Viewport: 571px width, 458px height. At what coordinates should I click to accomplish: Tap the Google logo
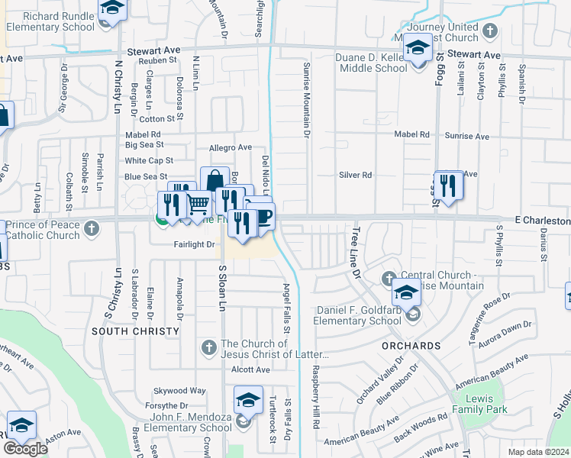(x=25, y=449)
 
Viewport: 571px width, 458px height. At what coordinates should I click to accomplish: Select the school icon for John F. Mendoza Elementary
(x=249, y=400)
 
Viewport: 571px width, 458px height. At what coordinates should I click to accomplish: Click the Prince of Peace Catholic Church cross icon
(x=92, y=227)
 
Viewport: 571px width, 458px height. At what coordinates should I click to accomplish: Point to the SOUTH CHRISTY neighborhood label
(x=135, y=331)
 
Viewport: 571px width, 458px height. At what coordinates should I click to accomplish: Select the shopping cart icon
(x=198, y=204)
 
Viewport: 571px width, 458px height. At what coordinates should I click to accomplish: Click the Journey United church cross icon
(x=490, y=31)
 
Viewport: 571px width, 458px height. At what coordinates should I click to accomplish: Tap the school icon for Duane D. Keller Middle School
(x=418, y=50)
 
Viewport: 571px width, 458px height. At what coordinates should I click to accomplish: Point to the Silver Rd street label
(x=355, y=175)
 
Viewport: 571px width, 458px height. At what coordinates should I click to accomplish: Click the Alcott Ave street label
(x=251, y=369)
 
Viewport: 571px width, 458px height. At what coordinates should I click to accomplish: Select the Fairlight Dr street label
(x=195, y=244)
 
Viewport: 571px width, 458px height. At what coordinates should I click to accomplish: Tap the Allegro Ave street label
(x=230, y=147)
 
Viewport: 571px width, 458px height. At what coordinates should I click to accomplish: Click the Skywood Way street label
(x=180, y=390)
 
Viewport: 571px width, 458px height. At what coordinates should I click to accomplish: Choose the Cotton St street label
(x=157, y=119)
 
